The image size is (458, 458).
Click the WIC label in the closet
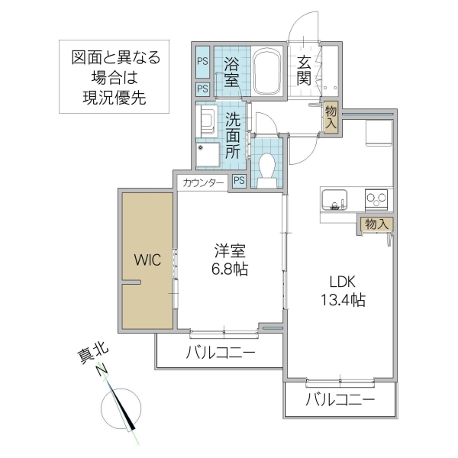pos(148,260)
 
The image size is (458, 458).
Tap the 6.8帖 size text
pos(230,269)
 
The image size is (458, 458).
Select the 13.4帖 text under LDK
pos(341,299)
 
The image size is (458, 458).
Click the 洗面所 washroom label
pos(233,135)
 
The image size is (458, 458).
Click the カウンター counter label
pos(203,182)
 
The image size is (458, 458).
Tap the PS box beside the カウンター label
pos(239,181)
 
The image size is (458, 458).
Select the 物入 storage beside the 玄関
pos(331,118)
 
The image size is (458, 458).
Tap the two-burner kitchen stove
pos(377,199)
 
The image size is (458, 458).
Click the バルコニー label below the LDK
pos(340,400)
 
